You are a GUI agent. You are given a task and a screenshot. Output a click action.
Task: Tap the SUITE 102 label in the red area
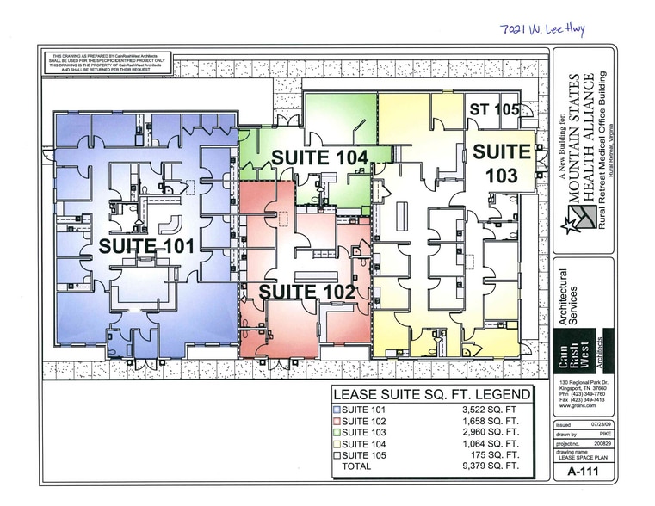(307, 292)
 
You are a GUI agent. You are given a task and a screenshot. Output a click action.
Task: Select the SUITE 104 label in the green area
(320, 157)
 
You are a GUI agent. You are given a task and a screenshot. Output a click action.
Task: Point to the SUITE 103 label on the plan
(502, 164)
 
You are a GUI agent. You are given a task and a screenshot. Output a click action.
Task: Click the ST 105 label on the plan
(494, 109)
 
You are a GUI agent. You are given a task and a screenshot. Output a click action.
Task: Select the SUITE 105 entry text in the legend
(367, 455)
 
